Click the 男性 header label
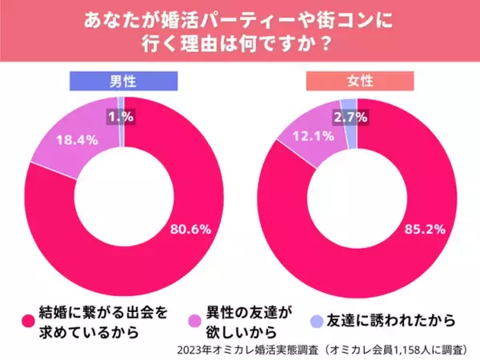click(120, 82)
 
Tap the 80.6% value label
click(190, 229)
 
